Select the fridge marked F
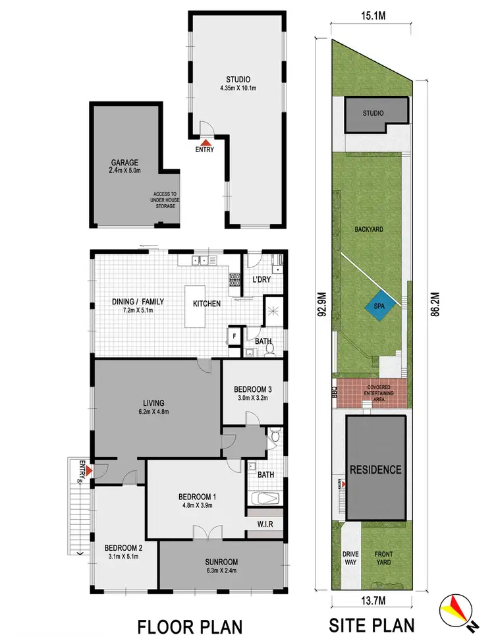[x=233, y=336]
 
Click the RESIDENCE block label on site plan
[x=375, y=470]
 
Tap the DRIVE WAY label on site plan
[x=350, y=559]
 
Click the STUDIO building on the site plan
[x=373, y=115]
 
